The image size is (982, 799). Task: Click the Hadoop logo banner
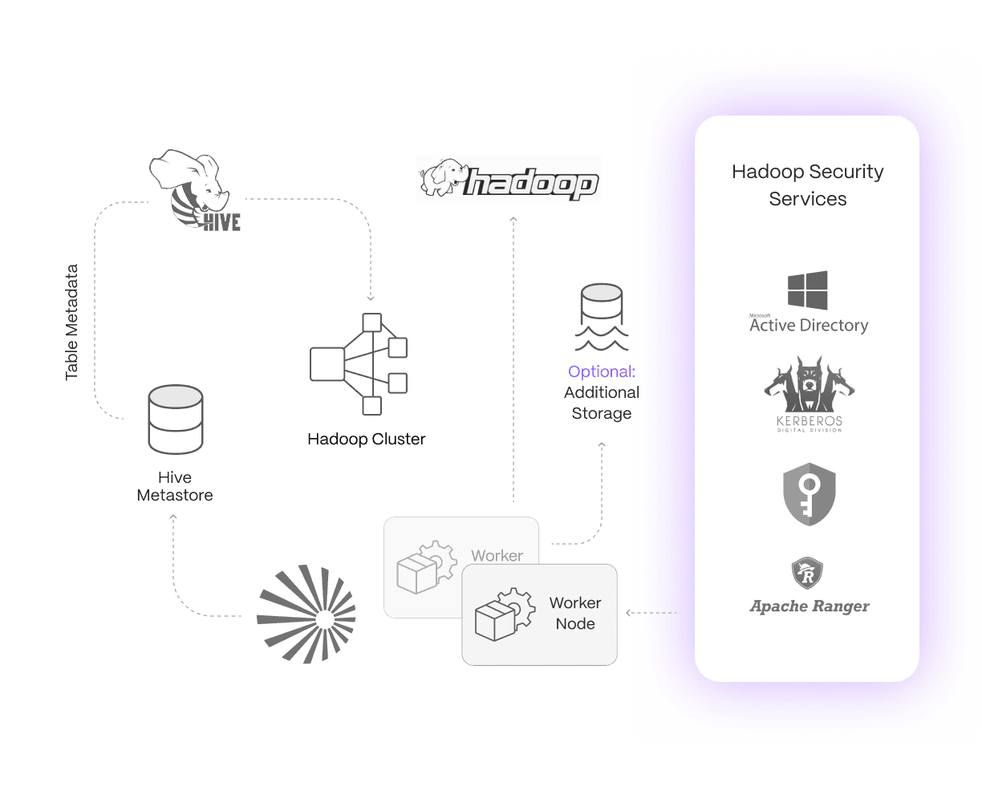click(509, 180)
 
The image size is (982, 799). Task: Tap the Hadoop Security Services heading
click(807, 185)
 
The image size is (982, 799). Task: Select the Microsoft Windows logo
click(807, 290)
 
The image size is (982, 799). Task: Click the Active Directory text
click(809, 325)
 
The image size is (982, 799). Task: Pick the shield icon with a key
click(809, 494)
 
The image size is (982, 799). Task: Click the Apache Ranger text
click(809, 606)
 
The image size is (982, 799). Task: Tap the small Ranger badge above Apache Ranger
click(807, 574)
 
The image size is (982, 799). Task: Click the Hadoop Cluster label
click(367, 440)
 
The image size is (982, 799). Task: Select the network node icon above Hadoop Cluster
click(359, 363)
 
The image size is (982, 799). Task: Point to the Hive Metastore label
click(175, 486)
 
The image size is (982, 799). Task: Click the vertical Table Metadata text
click(72, 322)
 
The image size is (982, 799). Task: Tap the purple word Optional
click(599, 371)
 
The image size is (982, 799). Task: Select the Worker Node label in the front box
click(575, 613)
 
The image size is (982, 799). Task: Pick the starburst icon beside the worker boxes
click(306, 614)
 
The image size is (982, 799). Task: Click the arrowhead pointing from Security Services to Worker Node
click(629, 614)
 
